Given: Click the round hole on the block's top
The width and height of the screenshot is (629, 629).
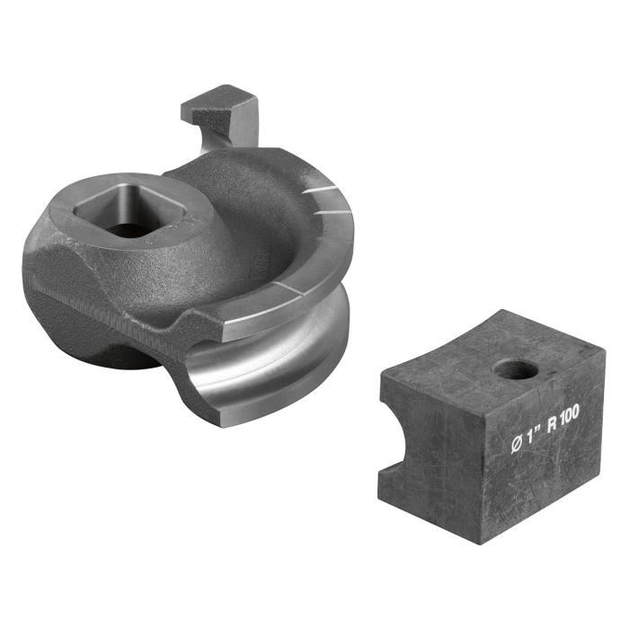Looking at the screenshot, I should click(513, 368).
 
